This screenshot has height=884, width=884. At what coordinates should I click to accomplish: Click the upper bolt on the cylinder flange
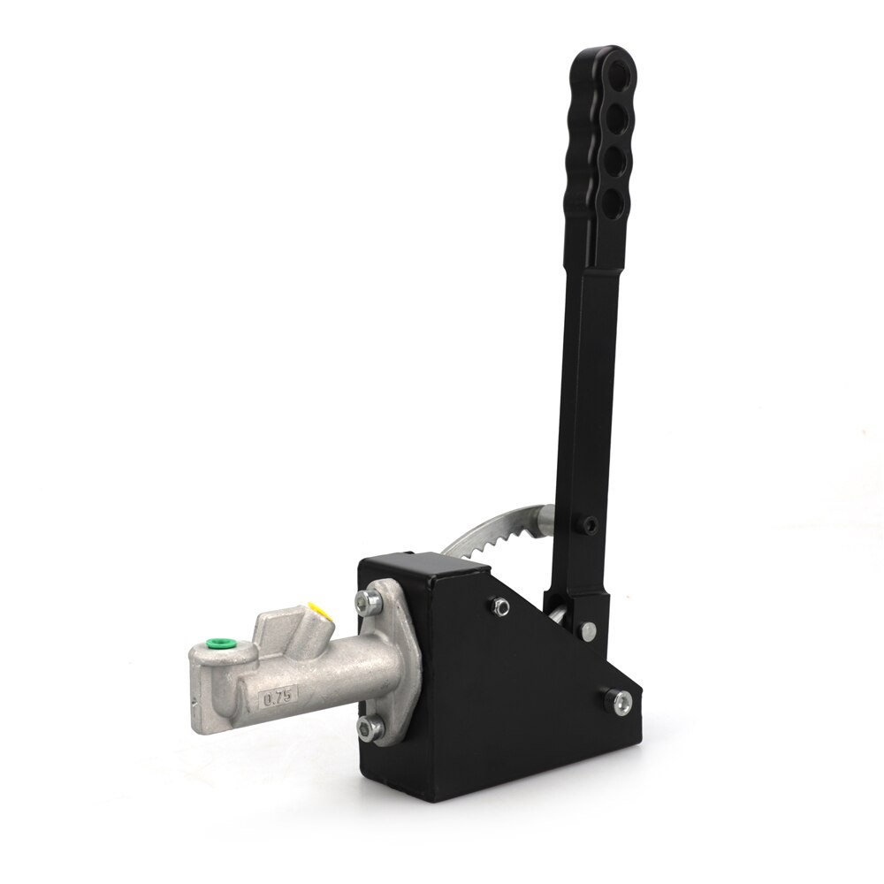click(363, 602)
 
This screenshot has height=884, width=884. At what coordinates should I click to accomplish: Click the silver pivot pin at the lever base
click(587, 629)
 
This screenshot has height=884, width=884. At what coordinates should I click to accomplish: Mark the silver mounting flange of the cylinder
click(389, 663)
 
